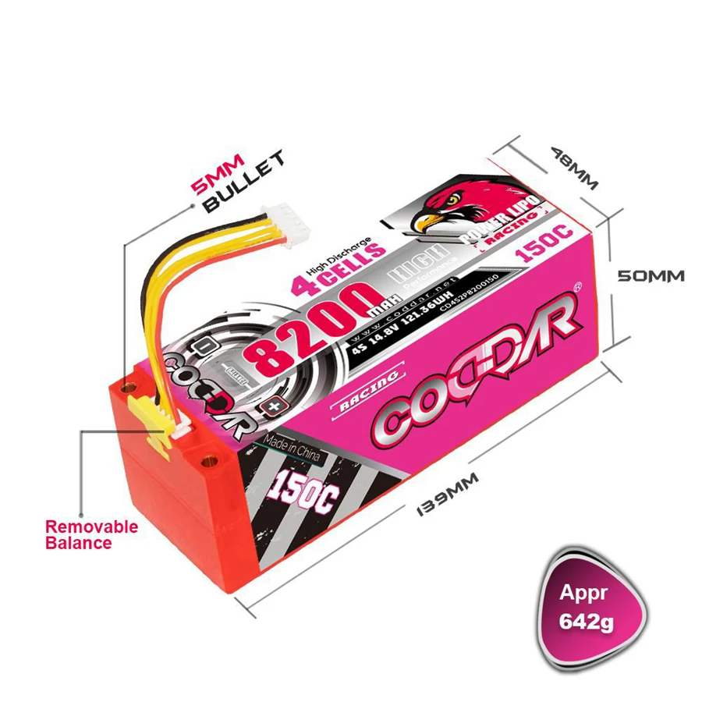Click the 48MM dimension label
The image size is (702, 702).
point(574,166)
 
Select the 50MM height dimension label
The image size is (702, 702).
point(651,276)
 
